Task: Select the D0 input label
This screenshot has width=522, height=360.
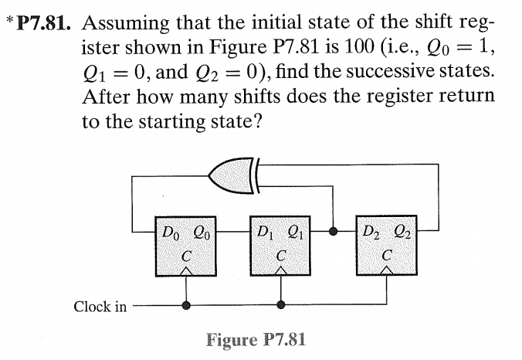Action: (x=167, y=229)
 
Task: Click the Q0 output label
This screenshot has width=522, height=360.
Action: (x=198, y=229)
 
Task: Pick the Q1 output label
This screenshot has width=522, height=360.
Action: (x=295, y=229)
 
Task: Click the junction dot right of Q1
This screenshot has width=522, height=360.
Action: (x=334, y=230)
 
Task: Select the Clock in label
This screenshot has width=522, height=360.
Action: (x=100, y=306)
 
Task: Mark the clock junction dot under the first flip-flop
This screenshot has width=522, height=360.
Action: (x=185, y=305)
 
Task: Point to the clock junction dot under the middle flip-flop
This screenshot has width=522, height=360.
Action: (x=281, y=305)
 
